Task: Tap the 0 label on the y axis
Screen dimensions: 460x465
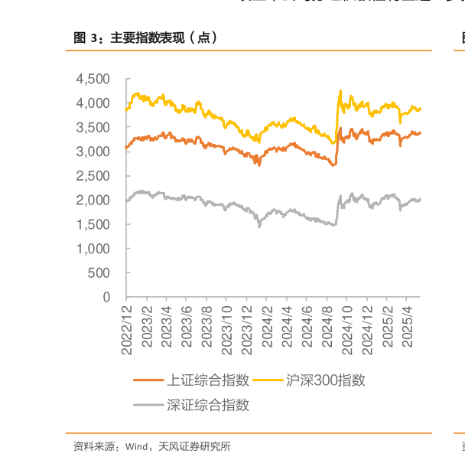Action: (106, 297)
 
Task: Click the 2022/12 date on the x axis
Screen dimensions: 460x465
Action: (127, 328)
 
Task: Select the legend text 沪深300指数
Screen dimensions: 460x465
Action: (325, 380)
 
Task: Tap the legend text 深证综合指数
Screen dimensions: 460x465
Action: (208, 406)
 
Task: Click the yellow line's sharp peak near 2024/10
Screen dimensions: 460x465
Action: (340, 90)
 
